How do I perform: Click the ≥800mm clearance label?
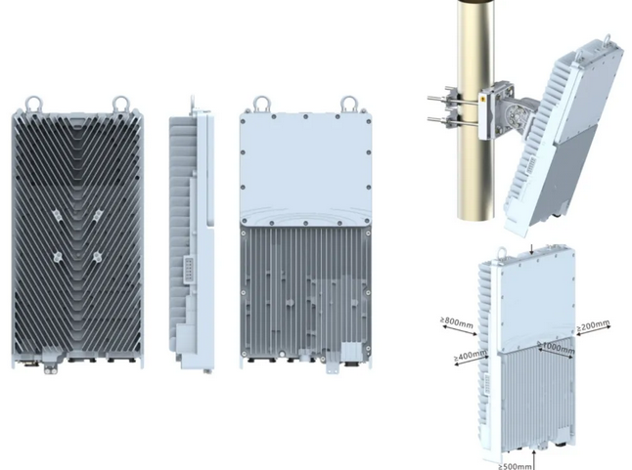pyautogui.click(x=456, y=322)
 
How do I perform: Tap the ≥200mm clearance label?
pyautogui.click(x=593, y=325)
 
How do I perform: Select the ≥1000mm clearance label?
pyautogui.click(x=557, y=348)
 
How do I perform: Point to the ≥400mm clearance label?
pyautogui.click(x=470, y=356)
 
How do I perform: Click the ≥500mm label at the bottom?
pyautogui.click(x=515, y=466)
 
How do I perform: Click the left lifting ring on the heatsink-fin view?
pyautogui.click(x=33, y=104)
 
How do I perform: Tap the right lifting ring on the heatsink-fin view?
pyautogui.click(x=120, y=104)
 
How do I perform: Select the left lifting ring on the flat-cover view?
pyautogui.click(x=261, y=105)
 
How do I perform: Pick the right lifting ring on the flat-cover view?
pyautogui.click(x=348, y=105)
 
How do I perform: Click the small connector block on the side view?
pyautogui.click(x=189, y=270)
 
